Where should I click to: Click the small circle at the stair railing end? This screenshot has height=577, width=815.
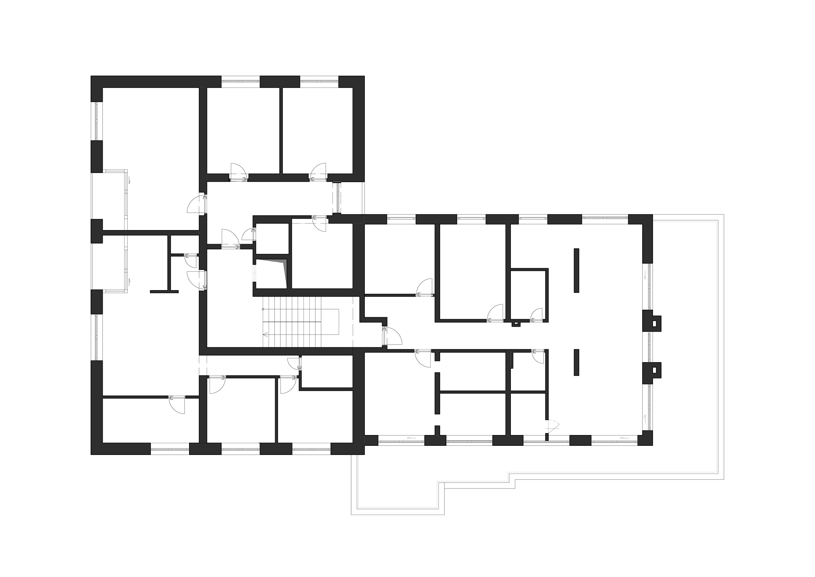point(263,309)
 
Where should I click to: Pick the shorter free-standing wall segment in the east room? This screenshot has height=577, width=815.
point(576,362)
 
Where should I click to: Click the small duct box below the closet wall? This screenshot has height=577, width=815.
point(516,324)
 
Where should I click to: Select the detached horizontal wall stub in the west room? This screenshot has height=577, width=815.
point(164,292)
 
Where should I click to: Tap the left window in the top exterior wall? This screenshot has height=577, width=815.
point(241,81)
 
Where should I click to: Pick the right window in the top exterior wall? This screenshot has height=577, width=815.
point(319,81)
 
